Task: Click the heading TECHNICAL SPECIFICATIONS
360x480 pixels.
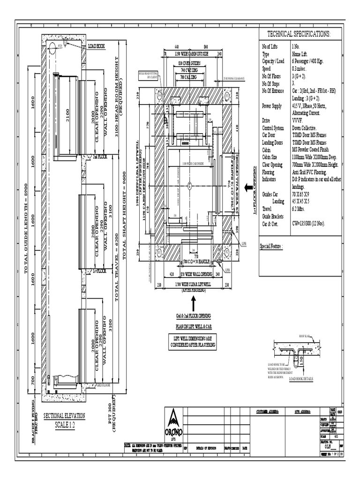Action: pyautogui.click(x=299, y=34)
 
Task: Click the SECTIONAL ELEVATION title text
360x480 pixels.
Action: pyautogui.click(x=62, y=419)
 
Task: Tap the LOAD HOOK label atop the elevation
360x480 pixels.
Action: pyautogui.click(x=96, y=47)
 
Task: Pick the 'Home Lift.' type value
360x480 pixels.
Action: pyautogui.click(x=300, y=54)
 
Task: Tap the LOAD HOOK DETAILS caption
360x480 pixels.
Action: pyautogui.click(x=300, y=379)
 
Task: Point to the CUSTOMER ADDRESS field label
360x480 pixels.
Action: pyautogui.click(x=267, y=412)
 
